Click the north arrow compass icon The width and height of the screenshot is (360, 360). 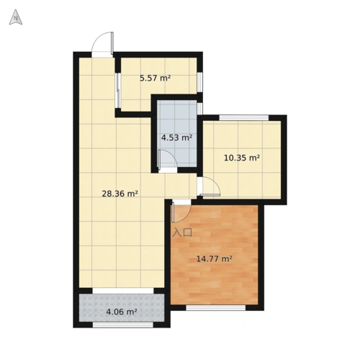click(x=16, y=17)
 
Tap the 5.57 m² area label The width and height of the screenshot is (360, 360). click(x=156, y=78)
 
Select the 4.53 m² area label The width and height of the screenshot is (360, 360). click(x=176, y=138)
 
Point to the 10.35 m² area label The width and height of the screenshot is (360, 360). click(x=242, y=158)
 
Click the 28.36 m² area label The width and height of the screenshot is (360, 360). click(x=120, y=194)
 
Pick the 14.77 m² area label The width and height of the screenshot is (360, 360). click(x=215, y=258)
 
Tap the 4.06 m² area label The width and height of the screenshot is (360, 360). click(x=122, y=312)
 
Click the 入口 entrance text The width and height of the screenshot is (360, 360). click(x=182, y=233)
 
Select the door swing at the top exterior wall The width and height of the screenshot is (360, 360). click(x=103, y=44)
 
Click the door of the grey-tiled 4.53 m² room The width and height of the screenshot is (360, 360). click(x=167, y=160)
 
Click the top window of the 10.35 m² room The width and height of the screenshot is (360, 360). click(x=243, y=117)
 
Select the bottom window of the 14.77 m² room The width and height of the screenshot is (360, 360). click(x=216, y=307)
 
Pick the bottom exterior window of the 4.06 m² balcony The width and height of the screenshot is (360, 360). click(x=123, y=325)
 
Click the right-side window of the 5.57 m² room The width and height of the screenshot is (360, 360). click(x=200, y=82)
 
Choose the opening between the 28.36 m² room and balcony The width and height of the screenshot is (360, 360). click(x=123, y=291)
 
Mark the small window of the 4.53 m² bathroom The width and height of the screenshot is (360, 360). click(x=200, y=109)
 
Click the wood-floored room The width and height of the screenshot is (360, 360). click(x=214, y=255)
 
